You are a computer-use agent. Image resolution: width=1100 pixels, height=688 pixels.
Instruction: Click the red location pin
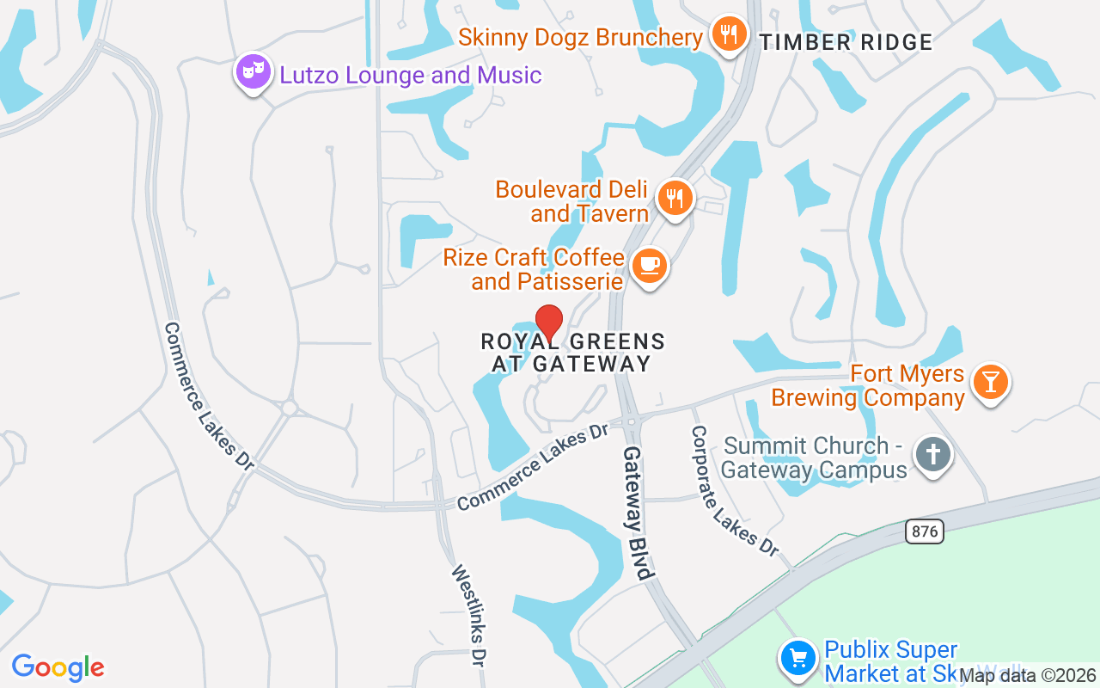(549, 323)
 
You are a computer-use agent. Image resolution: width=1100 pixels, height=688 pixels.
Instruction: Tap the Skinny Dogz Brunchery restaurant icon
(729, 34)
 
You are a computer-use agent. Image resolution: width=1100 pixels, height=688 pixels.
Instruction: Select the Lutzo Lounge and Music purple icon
(253, 73)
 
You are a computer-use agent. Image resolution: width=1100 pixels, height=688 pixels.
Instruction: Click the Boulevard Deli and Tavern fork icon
(675, 198)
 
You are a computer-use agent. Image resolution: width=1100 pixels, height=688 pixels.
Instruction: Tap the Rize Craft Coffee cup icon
(650, 266)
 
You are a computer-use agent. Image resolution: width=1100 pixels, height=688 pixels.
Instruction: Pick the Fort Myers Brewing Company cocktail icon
(990, 381)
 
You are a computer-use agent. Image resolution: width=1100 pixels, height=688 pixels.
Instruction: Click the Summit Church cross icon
(932, 453)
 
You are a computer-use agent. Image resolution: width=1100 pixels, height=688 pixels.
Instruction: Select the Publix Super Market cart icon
(798, 658)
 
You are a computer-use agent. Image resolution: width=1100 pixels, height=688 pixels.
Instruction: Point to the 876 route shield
(924, 531)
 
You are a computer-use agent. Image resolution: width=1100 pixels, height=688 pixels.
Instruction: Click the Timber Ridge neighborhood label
(846, 43)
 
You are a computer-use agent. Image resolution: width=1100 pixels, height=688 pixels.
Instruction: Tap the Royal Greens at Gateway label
(572, 353)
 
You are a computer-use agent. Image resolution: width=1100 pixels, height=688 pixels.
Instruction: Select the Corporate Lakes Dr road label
(735, 490)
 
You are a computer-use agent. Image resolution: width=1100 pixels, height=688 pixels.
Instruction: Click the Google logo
(58, 667)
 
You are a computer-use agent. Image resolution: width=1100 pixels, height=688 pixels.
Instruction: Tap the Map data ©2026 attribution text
(1027, 676)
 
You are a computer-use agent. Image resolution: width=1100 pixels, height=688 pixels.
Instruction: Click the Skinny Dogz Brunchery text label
(580, 38)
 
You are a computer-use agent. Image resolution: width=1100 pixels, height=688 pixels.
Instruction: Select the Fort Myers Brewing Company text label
(868, 386)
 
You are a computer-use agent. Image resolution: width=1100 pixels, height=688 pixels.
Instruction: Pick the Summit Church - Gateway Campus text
(815, 458)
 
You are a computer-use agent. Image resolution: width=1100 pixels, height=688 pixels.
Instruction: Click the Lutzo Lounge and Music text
(411, 76)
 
